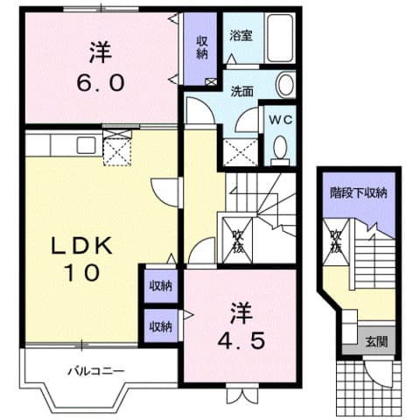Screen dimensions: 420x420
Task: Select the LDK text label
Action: click(x=82, y=247)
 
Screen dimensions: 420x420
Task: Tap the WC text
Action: click(x=280, y=118)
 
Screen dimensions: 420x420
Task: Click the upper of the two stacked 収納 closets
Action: click(x=160, y=285)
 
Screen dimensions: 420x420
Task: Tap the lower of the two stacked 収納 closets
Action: click(x=160, y=325)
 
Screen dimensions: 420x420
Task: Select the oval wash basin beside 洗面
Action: click(x=286, y=85)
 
